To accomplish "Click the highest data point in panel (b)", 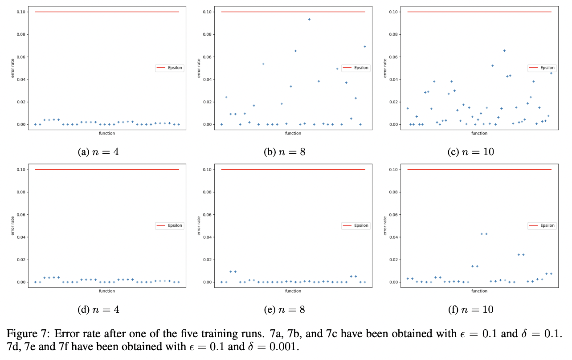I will (x=309, y=19).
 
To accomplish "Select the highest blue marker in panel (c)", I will (x=504, y=51).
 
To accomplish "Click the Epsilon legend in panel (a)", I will (x=169, y=68).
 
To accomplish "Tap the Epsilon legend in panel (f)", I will (x=541, y=225).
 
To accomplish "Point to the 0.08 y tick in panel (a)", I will (x=21, y=34).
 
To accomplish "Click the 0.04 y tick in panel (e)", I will (x=208, y=237).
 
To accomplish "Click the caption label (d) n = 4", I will (x=98, y=309).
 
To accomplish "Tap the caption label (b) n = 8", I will (x=285, y=151).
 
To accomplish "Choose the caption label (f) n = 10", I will (x=471, y=309).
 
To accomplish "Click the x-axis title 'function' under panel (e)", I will (x=293, y=291).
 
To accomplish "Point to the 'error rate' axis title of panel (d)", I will (x=13, y=226).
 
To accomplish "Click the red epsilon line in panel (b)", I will (x=293, y=12).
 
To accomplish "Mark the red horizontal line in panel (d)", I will (x=107, y=170).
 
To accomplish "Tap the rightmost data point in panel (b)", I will (x=365, y=46).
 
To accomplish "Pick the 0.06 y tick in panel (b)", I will (x=208, y=57).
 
